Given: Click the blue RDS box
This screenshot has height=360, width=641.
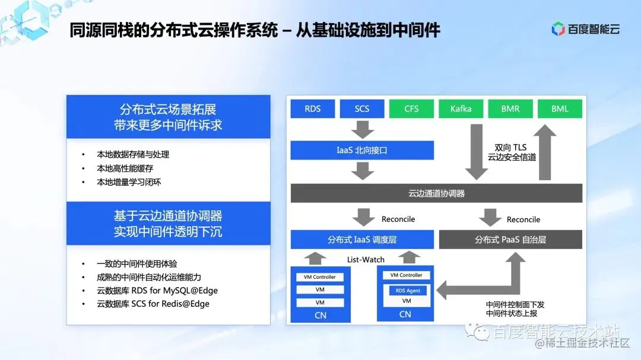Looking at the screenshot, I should (x=312, y=109).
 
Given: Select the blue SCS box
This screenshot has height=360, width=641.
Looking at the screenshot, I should (x=361, y=109).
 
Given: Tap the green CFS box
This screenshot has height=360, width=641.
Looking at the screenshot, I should (x=411, y=109).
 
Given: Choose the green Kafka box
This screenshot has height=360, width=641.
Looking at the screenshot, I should (x=461, y=109).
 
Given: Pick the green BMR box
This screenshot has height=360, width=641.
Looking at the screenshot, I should (x=510, y=109).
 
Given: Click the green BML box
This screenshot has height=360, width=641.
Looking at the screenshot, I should (x=560, y=109).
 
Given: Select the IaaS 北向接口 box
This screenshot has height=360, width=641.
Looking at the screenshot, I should (x=361, y=151).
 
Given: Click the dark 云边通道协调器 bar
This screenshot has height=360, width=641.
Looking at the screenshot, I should (x=436, y=193).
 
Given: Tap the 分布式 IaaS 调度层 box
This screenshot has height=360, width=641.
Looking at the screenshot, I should (x=361, y=240).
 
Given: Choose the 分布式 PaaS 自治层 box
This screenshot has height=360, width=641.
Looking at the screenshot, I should (x=510, y=240).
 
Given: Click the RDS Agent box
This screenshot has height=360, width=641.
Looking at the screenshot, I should (x=408, y=291).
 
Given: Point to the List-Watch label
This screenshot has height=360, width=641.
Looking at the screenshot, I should (x=366, y=259).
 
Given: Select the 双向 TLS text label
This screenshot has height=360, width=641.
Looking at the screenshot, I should (x=510, y=147).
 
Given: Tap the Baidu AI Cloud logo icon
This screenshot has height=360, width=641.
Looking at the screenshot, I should (x=558, y=28).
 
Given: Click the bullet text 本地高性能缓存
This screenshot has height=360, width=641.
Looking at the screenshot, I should (x=125, y=168).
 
